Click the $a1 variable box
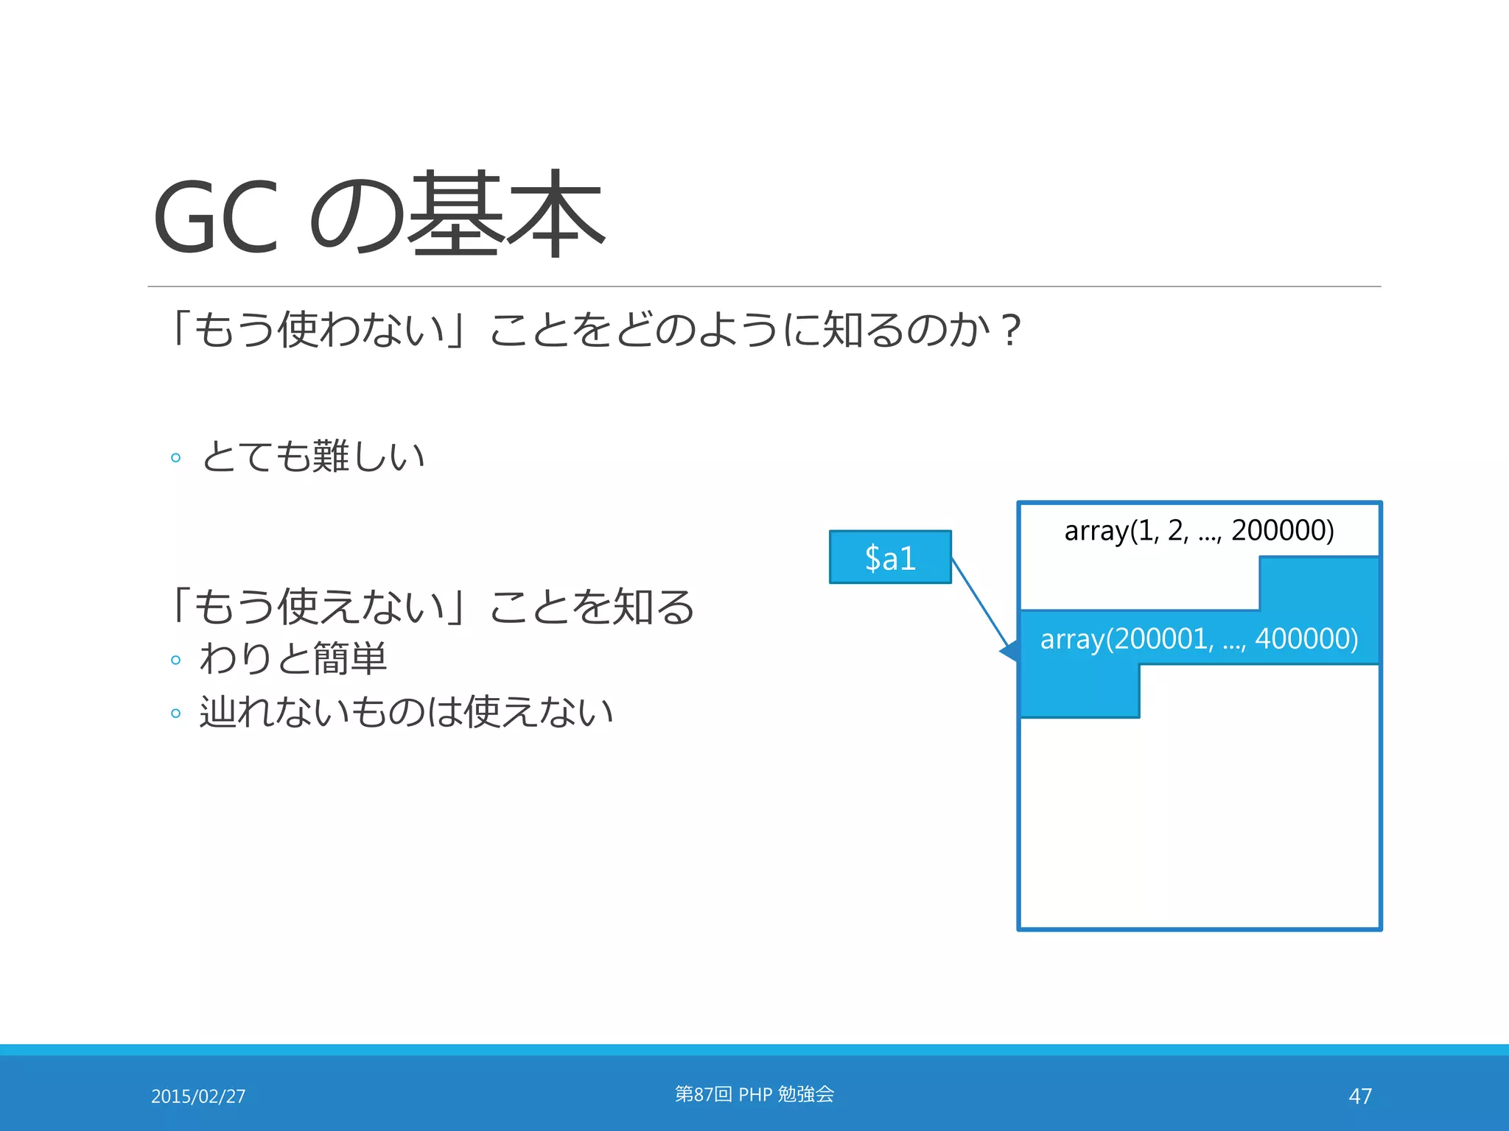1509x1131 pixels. pos(890,557)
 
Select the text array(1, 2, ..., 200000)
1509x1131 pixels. pos(1199,530)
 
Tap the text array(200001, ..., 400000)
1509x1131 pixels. pos(1199,638)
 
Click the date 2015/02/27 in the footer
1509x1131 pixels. pos(198,1096)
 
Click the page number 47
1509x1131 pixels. pos(1359,1096)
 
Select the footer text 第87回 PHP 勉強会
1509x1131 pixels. pos(754,1094)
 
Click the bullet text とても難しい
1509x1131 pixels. pos(313,457)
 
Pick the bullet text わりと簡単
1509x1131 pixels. pos(293,658)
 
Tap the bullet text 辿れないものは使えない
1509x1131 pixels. pos(406,712)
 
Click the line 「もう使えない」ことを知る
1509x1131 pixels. pos(432,607)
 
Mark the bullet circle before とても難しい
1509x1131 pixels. pos(175,458)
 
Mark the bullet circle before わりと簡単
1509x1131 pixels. pos(175,660)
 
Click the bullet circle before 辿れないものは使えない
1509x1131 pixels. pos(175,714)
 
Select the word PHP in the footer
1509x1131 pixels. pos(755,1095)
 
